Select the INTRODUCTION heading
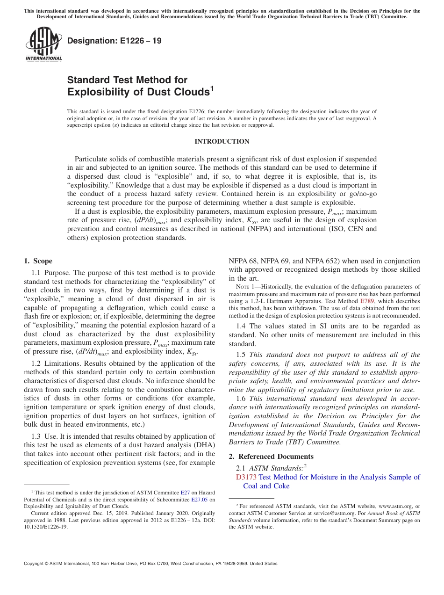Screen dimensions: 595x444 pos(222,141)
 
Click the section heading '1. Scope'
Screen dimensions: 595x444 pos(38,261)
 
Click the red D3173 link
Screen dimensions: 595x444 pos(246,477)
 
